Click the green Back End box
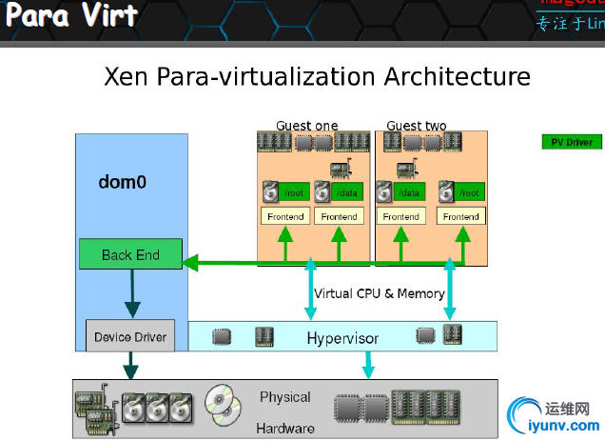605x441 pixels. point(130,254)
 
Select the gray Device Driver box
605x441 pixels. point(130,336)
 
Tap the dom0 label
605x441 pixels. point(123,181)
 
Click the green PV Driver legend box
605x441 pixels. point(572,143)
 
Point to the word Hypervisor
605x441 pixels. point(342,338)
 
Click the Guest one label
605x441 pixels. point(306,126)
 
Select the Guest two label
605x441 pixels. point(416,126)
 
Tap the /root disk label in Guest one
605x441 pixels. point(294,192)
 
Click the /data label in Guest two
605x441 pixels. point(409,192)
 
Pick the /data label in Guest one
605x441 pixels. point(348,192)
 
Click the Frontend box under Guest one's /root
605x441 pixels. point(285,216)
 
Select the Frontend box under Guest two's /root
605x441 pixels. point(461,216)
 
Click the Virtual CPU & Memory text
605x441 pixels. point(380,293)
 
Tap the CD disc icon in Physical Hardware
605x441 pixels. point(223,404)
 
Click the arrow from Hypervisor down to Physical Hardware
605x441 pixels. point(368,364)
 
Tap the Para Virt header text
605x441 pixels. point(72,16)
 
